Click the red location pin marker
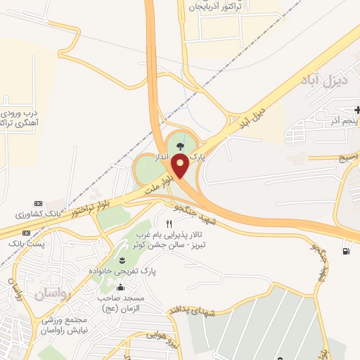180,167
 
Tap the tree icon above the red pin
181,146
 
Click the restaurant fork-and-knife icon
169,224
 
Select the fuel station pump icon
345,251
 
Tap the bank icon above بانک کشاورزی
27,202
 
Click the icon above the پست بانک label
27,233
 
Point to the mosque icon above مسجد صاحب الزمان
120,287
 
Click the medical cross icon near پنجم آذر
357,110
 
